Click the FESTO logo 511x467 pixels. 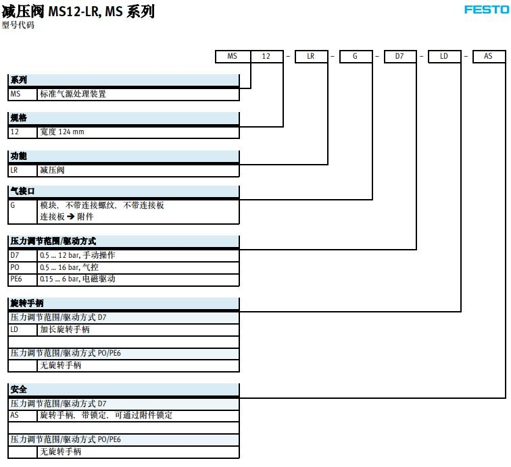click(x=486, y=9)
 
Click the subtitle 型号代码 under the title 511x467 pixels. click(x=18, y=26)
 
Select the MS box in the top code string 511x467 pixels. click(x=232, y=56)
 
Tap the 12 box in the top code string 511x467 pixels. click(x=266, y=56)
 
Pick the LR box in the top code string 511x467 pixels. click(x=311, y=56)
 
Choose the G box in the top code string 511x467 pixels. click(x=355, y=56)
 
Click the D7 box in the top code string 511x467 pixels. click(x=399, y=56)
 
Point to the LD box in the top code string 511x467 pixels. click(x=444, y=56)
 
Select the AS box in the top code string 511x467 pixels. click(x=488, y=56)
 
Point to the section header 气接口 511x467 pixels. click(x=22, y=191)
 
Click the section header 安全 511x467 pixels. click(x=19, y=389)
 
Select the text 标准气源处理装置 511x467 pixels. click(x=73, y=94)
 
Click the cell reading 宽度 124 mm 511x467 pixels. click(x=62, y=132)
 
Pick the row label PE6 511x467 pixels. click(x=16, y=279)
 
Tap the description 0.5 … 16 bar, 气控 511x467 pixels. click(x=69, y=267)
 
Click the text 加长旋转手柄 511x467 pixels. click(x=65, y=329)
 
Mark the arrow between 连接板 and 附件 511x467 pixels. click(x=70, y=217)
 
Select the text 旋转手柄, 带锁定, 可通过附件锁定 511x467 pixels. click(x=106, y=415)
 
